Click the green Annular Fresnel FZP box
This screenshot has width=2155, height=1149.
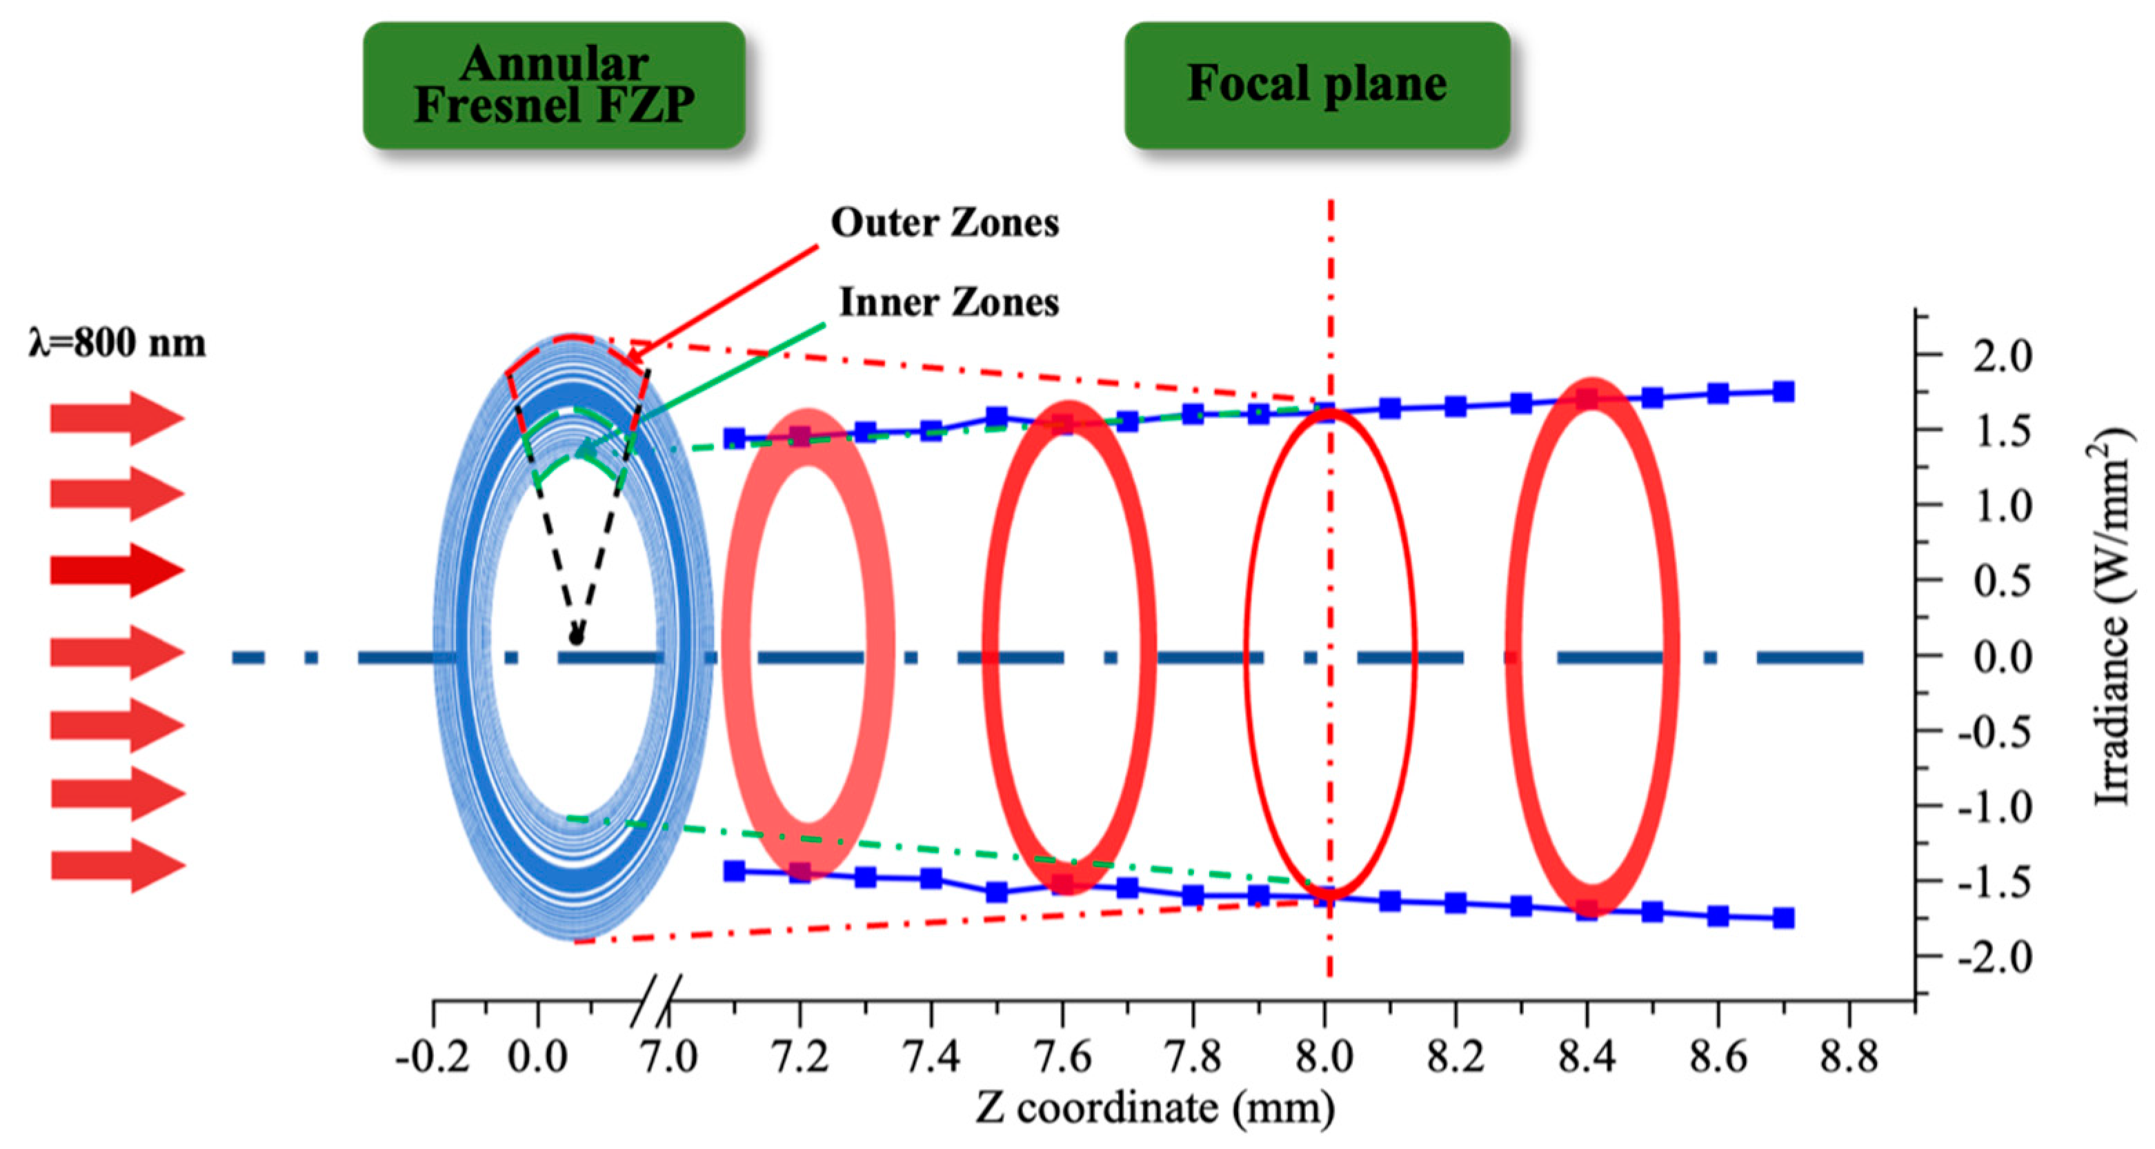click(554, 86)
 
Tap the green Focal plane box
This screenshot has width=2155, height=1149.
click(1317, 86)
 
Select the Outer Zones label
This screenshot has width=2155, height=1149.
click(944, 223)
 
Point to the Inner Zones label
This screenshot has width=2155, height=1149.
click(949, 303)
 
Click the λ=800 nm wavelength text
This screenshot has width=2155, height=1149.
click(117, 343)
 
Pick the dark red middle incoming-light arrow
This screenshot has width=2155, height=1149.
click(117, 570)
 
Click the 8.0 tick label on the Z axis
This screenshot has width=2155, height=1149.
click(1324, 1059)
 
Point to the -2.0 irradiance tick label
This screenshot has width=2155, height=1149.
click(1994, 957)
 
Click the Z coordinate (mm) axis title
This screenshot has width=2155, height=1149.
click(1155, 1109)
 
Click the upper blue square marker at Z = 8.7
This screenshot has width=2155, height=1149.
click(1782, 391)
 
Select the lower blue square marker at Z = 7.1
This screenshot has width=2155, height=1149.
click(735, 870)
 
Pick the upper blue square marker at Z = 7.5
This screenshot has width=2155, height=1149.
click(996, 417)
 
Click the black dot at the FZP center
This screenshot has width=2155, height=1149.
click(575, 638)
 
